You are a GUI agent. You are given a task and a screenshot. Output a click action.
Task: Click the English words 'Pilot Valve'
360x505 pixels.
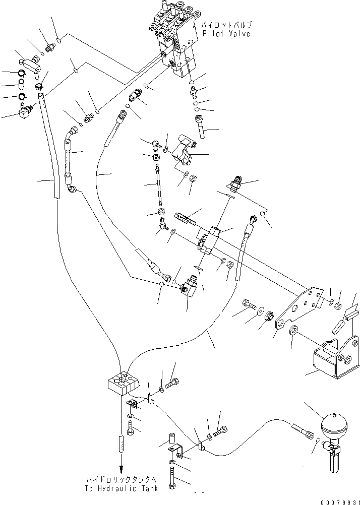click(226, 33)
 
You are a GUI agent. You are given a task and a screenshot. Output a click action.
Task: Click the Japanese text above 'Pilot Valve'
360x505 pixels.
click(226, 24)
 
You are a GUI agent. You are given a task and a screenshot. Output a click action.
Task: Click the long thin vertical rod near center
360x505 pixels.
click(159, 186)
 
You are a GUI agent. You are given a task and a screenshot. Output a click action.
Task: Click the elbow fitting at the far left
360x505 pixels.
click(24, 112)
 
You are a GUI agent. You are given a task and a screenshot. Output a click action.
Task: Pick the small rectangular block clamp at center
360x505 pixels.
click(209, 239)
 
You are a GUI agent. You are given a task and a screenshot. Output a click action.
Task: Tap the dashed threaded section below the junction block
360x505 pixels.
click(122, 444)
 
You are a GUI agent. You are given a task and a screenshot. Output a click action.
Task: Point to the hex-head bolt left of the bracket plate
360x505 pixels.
click(248, 305)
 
